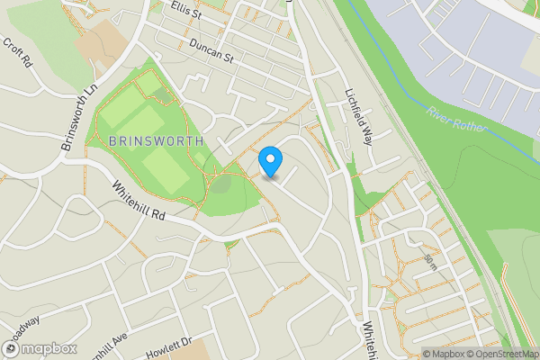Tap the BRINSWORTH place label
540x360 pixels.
click(156, 142)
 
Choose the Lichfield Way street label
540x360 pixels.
click(358, 115)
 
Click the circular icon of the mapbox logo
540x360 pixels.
click(12, 348)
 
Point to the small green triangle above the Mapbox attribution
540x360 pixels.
click(512, 336)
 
